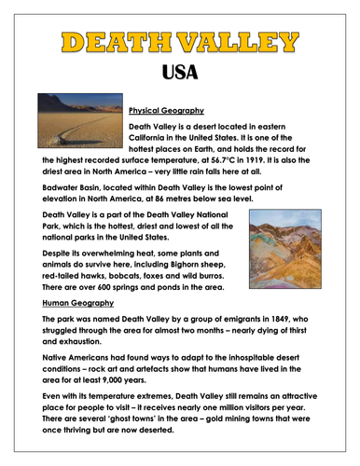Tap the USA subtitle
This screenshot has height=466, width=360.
[180, 72]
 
